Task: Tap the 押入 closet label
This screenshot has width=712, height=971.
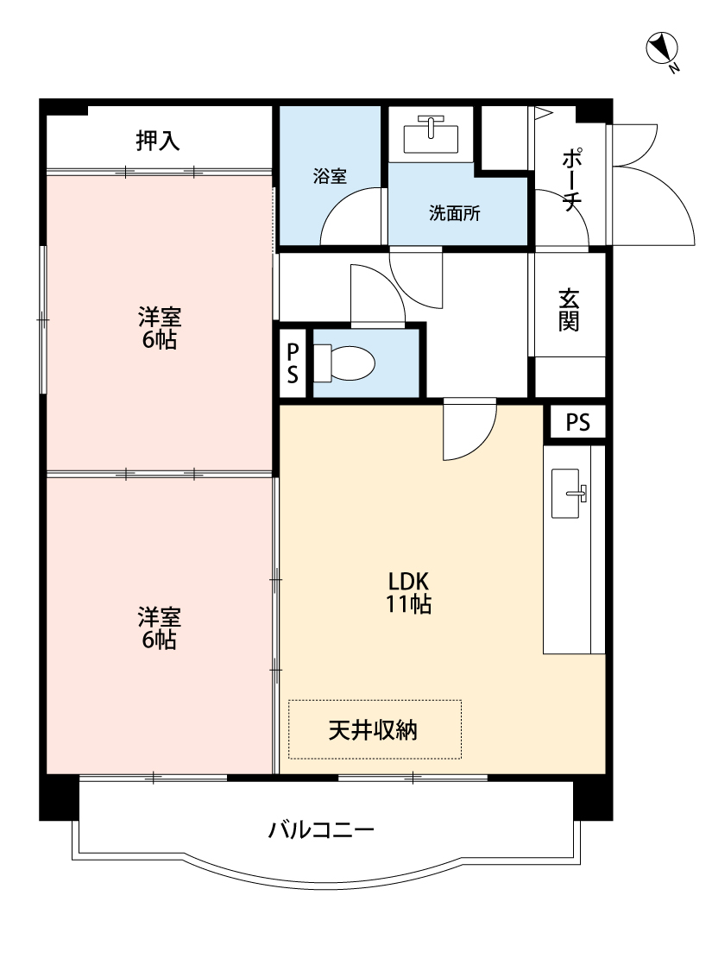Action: [x=158, y=141]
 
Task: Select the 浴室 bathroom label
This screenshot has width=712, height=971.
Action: [x=330, y=177]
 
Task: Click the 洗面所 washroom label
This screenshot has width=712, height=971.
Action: [x=455, y=213]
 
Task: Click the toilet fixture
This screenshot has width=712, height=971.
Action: [x=345, y=363]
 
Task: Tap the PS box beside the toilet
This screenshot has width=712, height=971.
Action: [x=293, y=363]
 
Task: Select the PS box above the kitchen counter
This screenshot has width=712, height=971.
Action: [x=578, y=423]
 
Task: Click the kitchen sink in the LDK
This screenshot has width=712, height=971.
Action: [x=568, y=494]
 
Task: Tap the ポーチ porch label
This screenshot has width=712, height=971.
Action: [x=570, y=180]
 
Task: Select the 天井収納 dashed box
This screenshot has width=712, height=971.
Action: [x=374, y=729]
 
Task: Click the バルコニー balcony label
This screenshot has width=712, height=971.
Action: [x=321, y=830]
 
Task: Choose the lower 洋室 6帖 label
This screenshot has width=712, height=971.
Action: [x=160, y=628]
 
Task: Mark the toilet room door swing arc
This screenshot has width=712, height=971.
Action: [x=375, y=293]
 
